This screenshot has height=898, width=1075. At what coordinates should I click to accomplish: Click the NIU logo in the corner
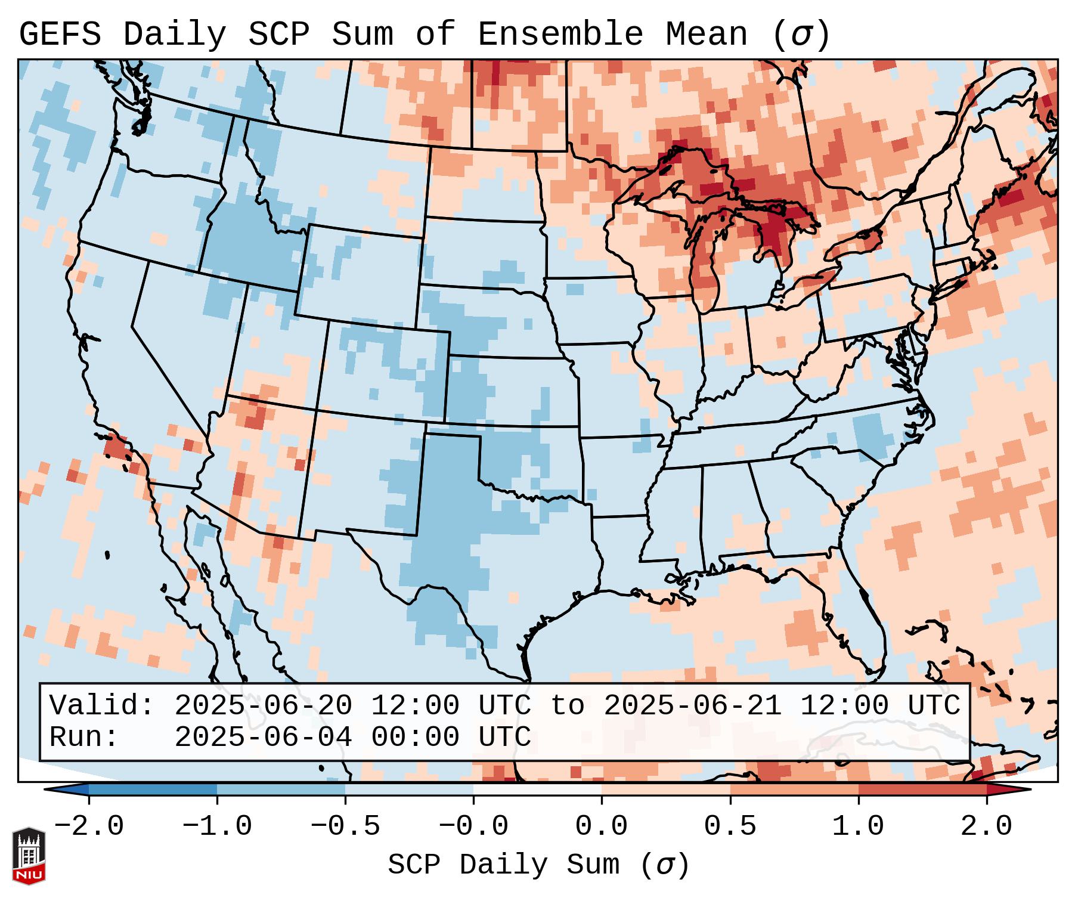click(x=29, y=855)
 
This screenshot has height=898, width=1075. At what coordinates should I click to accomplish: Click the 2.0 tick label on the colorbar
click(x=987, y=826)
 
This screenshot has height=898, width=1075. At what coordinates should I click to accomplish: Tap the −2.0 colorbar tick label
click(x=89, y=826)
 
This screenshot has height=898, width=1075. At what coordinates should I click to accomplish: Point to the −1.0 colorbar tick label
click(x=217, y=826)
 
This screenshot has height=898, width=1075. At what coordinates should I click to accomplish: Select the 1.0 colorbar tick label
click(x=858, y=826)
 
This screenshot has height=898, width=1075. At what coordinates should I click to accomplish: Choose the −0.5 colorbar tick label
click(x=345, y=826)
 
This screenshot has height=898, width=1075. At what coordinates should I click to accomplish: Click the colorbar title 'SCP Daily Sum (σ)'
click(x=538, y=865)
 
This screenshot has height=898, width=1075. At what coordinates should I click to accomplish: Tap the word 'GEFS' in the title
click(x=60, y=35)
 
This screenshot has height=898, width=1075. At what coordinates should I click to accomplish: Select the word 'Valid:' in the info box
click(x=102, y=705)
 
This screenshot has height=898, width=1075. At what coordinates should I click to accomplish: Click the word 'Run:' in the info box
click(x=84, y=737)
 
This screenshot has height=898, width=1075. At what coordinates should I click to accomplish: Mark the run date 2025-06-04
click(x=263, y=737)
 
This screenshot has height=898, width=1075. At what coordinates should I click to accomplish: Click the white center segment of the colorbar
click(x=537, y=789)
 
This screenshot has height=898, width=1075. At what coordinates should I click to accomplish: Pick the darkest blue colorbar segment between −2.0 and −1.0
click(x=153, y=789)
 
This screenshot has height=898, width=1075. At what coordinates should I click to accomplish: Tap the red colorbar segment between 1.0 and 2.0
click(x=922, y=789)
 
